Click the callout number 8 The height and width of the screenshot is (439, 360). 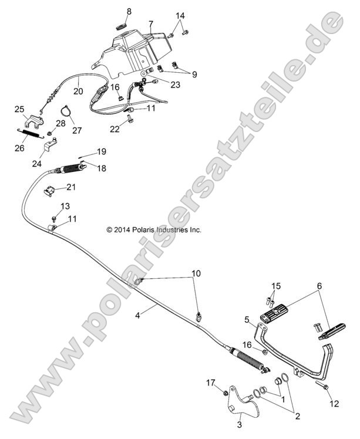click(x=129, y=11)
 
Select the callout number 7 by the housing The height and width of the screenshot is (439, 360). click(x=150, y=24)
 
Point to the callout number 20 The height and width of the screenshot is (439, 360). click(x=78, y=91)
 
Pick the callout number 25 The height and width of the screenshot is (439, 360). click(x=19, y=109)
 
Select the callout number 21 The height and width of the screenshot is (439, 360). click(x=71, y=187)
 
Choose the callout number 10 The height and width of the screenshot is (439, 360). click(x=196, y=273)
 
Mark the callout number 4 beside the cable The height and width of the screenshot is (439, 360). click(x=137, y=315)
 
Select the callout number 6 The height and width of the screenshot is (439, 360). click(x=319, y=285)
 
